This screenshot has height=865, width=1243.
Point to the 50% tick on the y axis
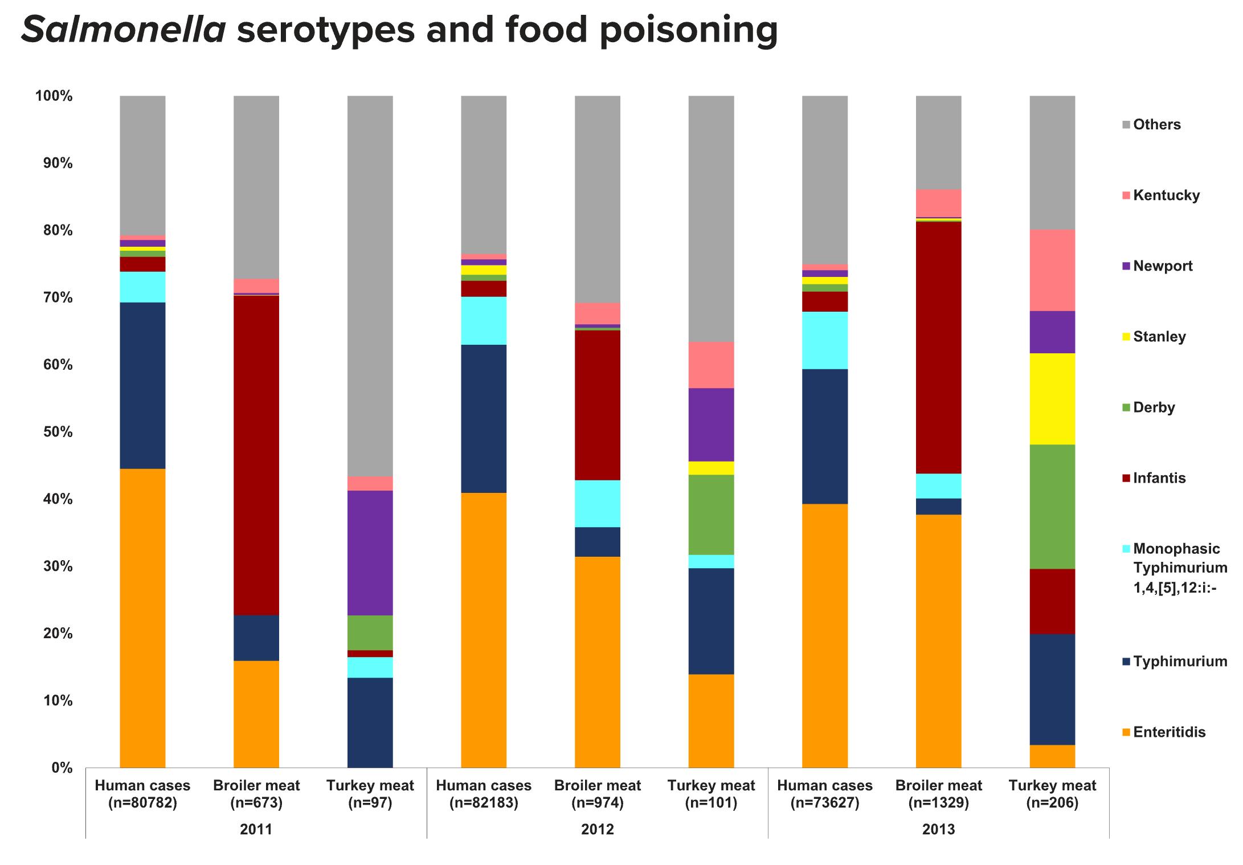click(x=55, y=432)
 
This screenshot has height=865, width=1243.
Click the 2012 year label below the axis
click(x=597, y=829)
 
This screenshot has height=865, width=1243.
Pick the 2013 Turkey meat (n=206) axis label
click(x=1052, y=794)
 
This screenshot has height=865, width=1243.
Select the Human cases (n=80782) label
click(x=142, y=794)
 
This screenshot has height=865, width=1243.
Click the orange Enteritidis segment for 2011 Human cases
click(x=142, y=618)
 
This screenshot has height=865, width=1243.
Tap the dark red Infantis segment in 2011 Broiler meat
click(x=256, y=455)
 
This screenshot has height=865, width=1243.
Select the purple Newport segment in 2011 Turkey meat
click(x=370, y=553)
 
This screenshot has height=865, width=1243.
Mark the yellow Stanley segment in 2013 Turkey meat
click(x=1052, y=399)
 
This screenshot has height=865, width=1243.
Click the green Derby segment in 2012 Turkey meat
click(x=711, y=515)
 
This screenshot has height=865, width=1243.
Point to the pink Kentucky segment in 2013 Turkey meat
click(x=1052, y=270)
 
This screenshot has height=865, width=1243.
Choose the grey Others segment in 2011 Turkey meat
click(x=370, y=285)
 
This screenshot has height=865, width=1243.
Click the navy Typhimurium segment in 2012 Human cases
click(x=484, y=419)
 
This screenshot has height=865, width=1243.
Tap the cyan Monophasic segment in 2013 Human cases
click(x=825, y=340)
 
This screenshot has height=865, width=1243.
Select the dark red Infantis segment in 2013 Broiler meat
click(x=938, y=348)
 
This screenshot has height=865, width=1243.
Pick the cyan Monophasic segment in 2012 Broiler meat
click(x=597, y=504)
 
